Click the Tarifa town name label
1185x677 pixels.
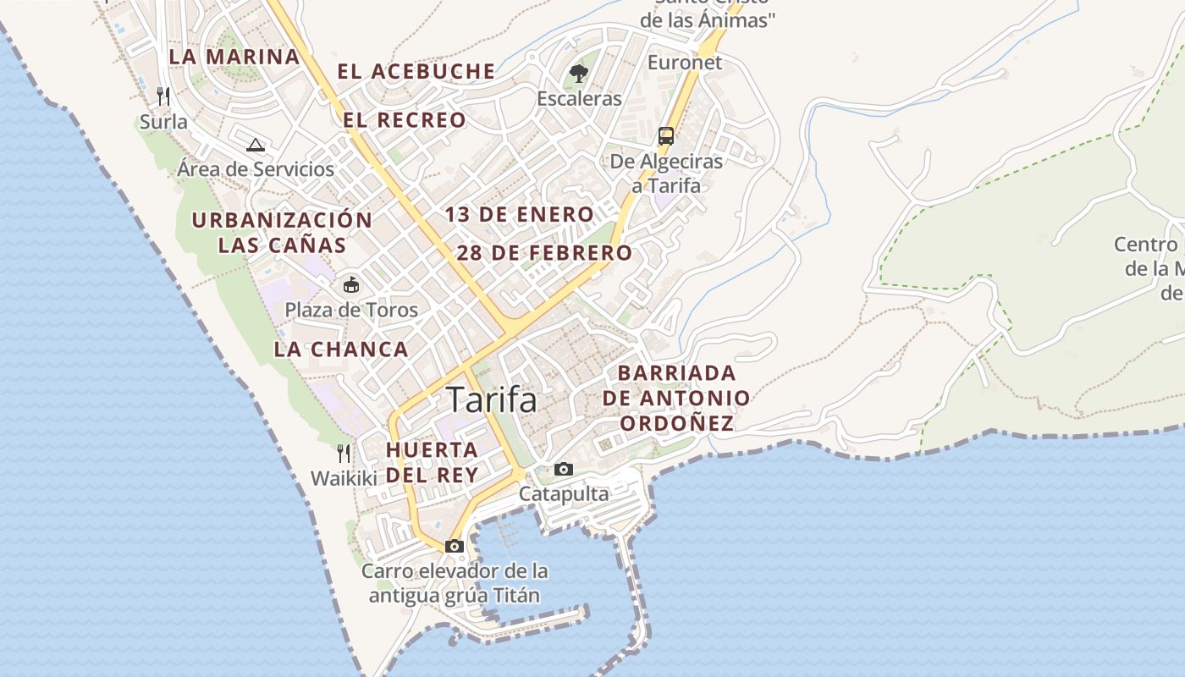pyautogui.click(x=491, y=399)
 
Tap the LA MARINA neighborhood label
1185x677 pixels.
pyautogui.click(x=234, y=57)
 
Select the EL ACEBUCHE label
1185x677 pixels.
pyautogui.click(x=416, y=71)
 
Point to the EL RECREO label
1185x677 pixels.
pyautogui.click(x=405, y=120)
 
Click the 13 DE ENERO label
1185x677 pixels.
pyautogui.click(x=520, y=215)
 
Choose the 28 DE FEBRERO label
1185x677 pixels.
pyautogui.click(x=544, y=253)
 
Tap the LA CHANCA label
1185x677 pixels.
pyautogui.click(x=341, y=350)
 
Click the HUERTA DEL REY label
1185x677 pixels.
pyautogui.click(x=433, y=462)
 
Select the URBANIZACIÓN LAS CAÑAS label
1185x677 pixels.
pyautogui.click(x=282, y=233)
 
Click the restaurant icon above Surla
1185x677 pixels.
pyautogui.click(x=163, y=96)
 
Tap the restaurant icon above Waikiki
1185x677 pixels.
pyautogui.click(x=344, y=454)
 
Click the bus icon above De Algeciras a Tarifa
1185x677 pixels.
pyautogui.click(x=666, y=135)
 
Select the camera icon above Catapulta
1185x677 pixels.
pyautogui.click(x=564, y=469)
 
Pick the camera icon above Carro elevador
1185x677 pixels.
pyautogui.click(x=455, y=546)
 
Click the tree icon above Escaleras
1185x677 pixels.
pyautogui.click(x=579, y=74)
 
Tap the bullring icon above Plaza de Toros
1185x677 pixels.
pyautogui.click(x=350, y=284)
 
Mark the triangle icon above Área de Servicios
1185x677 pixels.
pyautogui.click(x=256, y=144)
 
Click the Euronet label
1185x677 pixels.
pyautogui.click(x=685, y=63)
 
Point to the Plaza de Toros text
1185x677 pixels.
pyautogui.click(x=351, y=310)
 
